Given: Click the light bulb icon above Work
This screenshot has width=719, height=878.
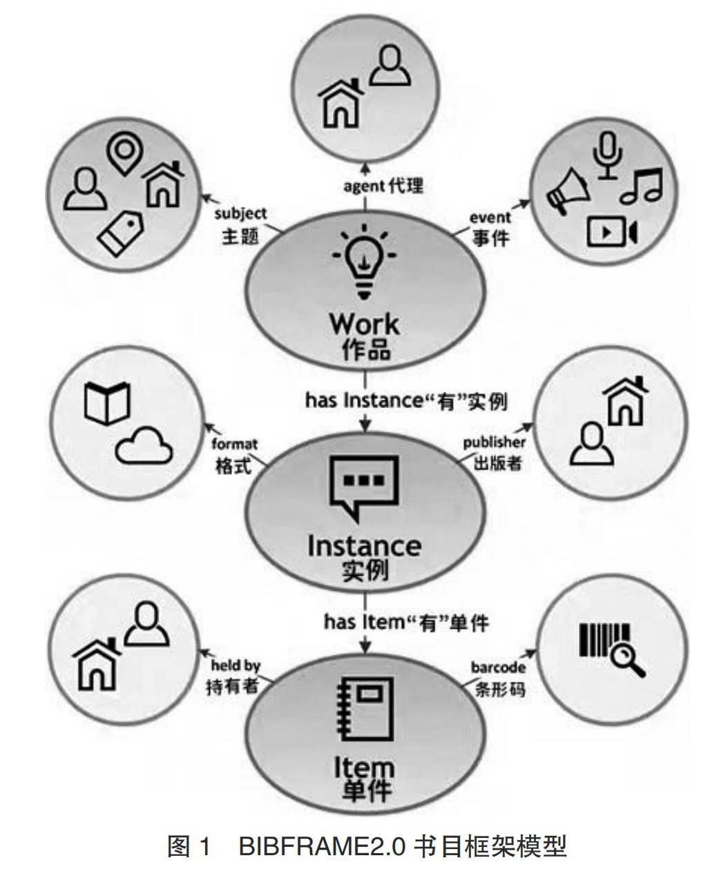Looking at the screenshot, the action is (364, 265).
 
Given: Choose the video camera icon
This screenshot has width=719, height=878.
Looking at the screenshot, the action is (611, 231).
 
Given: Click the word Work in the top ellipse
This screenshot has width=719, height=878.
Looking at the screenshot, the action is (364, 324).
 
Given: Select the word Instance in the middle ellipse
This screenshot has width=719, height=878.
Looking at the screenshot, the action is (364, 545).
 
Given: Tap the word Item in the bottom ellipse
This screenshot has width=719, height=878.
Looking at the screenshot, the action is (364, 768).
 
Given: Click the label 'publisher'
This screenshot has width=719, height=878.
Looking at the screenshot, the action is (494, 442).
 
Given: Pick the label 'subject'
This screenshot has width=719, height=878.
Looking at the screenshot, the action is (240, 214).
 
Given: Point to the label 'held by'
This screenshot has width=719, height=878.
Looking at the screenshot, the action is (236, 665).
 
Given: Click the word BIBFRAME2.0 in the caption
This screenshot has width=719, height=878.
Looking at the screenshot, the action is (322, 846).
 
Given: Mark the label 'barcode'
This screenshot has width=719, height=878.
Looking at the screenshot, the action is (499, 667).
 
